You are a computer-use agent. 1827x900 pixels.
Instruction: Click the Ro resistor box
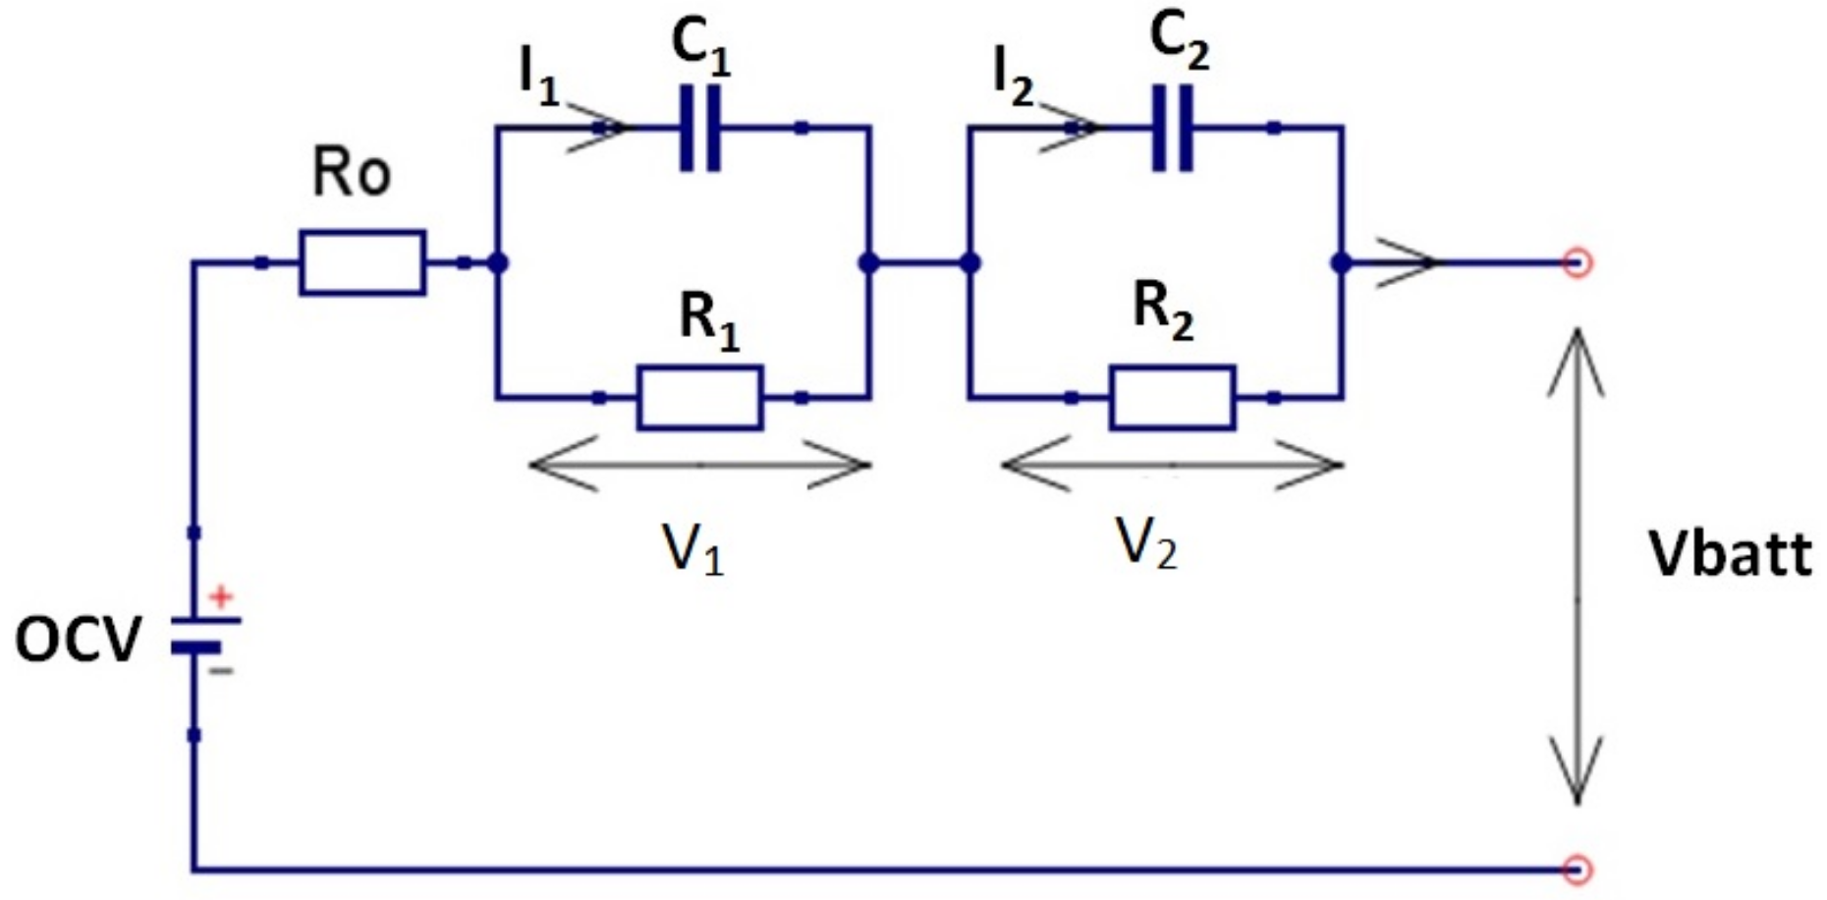pyautogui.click(x=362, y=262)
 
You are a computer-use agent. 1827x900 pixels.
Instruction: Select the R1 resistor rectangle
pyautogui.click(x=699, y=398)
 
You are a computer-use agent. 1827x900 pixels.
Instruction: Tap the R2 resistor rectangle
pyautogui.click(x=1172, y=398)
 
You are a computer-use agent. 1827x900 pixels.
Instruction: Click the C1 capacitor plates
pyautogui.click(x=700, y=128)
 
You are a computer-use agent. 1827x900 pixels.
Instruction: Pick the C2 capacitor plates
pyautogui.click(x=1172, y=128)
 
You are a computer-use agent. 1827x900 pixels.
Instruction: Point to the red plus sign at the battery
pyautogui.click(x=221, y=595)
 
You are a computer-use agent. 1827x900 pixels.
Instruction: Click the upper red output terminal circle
pyautogui.click(x=1577, y=263)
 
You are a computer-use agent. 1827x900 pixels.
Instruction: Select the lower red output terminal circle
pyautogui.click(x=1577, y=869)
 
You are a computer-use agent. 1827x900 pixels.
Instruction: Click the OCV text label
pyautogui.click(x=79, y=641)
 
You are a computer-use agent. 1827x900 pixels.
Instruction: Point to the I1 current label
pyautogui.click(x=538, y=77)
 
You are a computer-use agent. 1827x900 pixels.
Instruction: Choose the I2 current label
pyautogui.click(x=1013, y=77)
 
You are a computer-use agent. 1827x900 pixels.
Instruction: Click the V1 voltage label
pyautogui.click(x=692, y=549)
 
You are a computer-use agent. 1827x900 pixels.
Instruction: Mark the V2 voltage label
pyautogui.click(x=1145, y=542)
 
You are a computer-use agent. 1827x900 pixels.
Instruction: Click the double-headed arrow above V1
pyautogui.click(x=699, y=464)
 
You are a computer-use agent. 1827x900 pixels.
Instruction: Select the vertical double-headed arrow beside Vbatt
pyautogui.click(x=1577, y=567)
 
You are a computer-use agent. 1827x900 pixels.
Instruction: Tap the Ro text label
pyautogui.click(x=351, y=173)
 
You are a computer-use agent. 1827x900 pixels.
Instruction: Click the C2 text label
pyautogui.click(x=1179, y=43)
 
